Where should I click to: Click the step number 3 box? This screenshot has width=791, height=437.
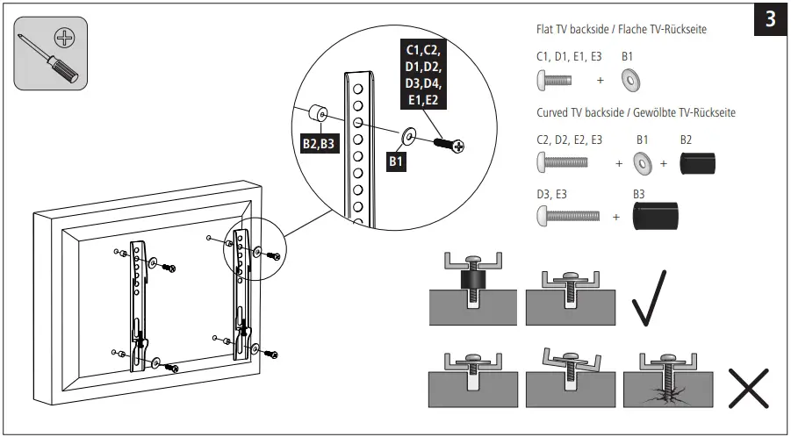(x=770, y=19)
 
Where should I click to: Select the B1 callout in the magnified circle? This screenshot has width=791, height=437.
(x=396, y=161)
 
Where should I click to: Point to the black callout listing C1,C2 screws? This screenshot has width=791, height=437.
(x=424, y=74)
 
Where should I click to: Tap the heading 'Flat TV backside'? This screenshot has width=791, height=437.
(x=622, y=30)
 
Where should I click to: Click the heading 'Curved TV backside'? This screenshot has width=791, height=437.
(x=636, y=113)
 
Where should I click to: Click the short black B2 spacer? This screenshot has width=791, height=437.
(x=699, y=163)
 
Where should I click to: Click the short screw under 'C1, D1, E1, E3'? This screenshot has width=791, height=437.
(x=554, y=81)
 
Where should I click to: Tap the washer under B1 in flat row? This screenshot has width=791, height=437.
(x=629, y=81)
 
